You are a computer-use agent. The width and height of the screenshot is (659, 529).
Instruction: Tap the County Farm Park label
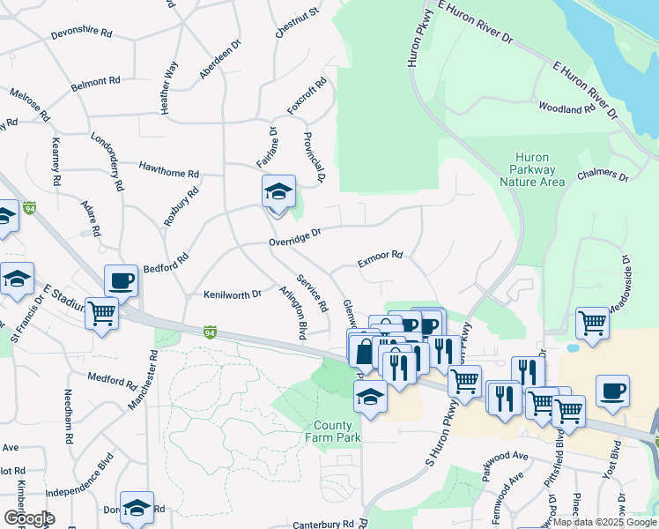(x=333, y=431)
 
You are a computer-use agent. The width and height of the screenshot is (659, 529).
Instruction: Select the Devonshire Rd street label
(x=82, y=34)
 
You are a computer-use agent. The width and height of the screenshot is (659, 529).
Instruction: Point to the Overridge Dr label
(x=295, y=236)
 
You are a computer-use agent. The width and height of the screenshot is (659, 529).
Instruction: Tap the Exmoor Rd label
(x=380, y=258)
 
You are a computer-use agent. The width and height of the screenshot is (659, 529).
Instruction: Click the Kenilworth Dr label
(x=233, y=294)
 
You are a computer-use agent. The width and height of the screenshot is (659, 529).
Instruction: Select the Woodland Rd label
(x=567, y=108)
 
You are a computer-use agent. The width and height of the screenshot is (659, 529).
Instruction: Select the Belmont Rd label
(x=95, y=82)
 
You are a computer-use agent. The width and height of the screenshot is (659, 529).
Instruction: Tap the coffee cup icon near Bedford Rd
(x=122, y=281)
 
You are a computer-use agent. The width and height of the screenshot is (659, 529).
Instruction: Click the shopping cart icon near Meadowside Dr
(x=593, y=324)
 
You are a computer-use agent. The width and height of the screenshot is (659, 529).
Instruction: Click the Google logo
(x=29, y=518)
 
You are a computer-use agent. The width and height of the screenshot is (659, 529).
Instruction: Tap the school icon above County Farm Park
(x=371, y=399)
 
